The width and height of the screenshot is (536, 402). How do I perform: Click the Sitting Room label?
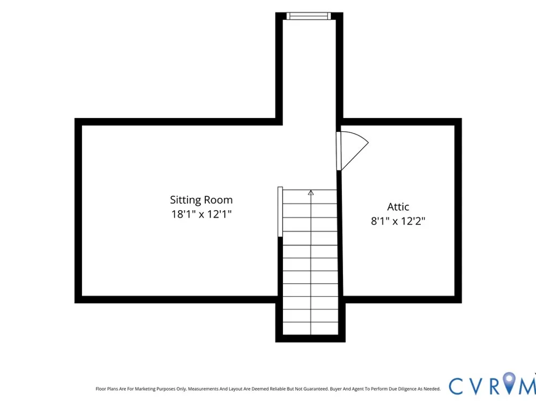click(202, 200)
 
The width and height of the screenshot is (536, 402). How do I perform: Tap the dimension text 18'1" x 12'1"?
click(202, 214)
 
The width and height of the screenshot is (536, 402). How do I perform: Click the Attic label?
click(398, 207)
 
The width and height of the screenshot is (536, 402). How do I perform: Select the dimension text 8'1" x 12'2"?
click(398, 221)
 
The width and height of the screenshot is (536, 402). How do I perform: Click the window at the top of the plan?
click(309, 16)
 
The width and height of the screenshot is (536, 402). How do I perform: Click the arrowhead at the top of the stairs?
click(311, 193)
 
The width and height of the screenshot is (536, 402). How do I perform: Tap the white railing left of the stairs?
click(280, 212)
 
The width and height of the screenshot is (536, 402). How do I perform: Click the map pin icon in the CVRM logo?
click(510, 383)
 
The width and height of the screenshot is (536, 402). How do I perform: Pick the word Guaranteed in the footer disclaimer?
click(316, 389)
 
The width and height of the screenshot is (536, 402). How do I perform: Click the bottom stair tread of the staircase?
click(311, 329)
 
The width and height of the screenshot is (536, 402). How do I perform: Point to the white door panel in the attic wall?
click(339, 151)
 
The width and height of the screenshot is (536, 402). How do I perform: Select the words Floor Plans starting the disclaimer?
click(107, 389)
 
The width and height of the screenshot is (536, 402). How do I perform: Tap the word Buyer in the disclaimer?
click(336, 389)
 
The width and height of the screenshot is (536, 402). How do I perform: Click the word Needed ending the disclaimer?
click(432, 389)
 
